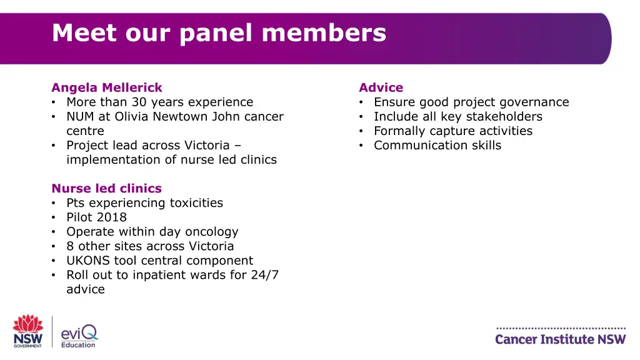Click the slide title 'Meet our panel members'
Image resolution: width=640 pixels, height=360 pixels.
coord(219,32)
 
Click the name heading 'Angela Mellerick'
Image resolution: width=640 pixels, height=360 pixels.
coord(107,87)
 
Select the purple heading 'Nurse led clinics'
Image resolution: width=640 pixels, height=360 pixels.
coord(107,188)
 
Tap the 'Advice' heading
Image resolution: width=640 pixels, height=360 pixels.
coord(381,87)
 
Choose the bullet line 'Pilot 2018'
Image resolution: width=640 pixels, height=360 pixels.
coord(96,217)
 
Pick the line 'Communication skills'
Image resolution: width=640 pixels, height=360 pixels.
coord(437,145)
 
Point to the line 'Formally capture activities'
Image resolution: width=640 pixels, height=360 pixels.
coord(453,131)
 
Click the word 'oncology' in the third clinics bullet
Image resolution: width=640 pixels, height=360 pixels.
coord(209,231)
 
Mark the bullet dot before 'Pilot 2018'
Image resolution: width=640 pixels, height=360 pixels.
coord(54,217)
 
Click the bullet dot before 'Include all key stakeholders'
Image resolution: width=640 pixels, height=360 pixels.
coord(362,117)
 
